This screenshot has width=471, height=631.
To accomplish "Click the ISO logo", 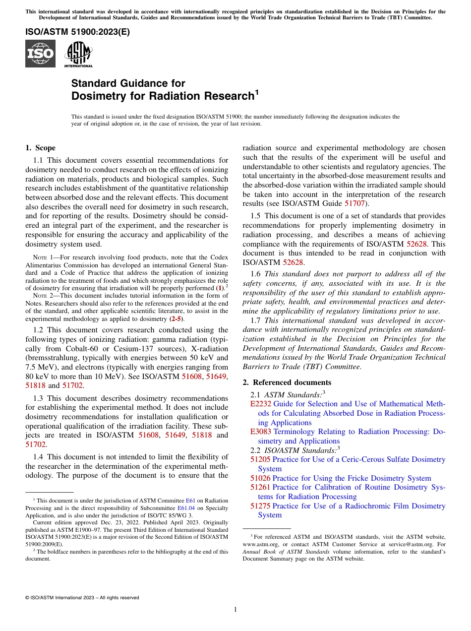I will [40, 54].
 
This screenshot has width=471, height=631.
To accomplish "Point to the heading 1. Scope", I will [40, 148].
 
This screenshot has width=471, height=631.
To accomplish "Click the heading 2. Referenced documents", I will [287, 382].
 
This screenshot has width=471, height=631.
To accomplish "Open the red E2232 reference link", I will [261, 404].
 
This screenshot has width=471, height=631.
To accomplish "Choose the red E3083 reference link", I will [261, 432].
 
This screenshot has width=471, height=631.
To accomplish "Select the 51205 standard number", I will [260, 459].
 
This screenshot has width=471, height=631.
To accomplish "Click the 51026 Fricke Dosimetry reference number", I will [260, 478].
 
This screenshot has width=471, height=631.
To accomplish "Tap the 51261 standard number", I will [260, 487].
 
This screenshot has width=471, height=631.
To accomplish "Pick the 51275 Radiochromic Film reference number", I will [260, 506].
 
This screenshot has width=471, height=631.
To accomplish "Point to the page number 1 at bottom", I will [235, 610].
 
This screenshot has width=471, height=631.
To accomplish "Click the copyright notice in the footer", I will [82, 598].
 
